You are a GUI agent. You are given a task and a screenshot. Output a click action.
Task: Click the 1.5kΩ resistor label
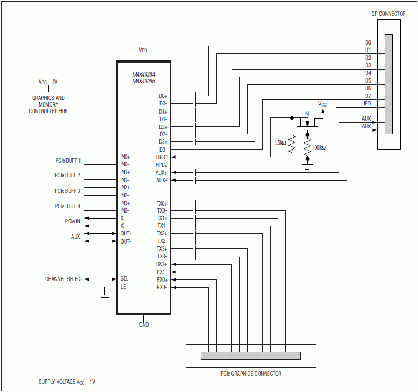pos(280,143)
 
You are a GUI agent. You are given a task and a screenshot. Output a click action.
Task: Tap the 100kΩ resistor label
pos(318,147)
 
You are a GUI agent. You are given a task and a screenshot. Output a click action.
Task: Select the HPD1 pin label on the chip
pos(161,157)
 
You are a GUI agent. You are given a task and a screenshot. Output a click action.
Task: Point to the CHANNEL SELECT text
pos(64,279)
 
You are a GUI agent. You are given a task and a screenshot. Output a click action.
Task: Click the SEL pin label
pos(125,279)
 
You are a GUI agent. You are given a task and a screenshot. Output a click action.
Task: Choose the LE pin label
pos(123,287)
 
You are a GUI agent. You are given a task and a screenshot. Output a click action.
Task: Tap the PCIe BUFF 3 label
pos(67,191)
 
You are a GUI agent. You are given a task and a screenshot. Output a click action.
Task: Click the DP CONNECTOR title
pos(389,14)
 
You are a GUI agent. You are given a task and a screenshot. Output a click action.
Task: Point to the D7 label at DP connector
pos(368,96)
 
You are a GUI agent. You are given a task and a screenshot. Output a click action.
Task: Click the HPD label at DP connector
pos(366,103)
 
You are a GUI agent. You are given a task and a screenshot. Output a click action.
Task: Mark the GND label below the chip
pos(144,325)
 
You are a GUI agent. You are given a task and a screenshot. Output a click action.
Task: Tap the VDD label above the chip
pos(143,50)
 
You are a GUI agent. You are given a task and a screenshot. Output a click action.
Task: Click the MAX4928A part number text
pos(144,74)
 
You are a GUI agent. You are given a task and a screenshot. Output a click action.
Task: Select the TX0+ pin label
pos(162,203)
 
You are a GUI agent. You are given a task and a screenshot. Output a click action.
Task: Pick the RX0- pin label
pos(162,287)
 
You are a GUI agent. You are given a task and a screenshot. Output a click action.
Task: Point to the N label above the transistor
pos(307,114)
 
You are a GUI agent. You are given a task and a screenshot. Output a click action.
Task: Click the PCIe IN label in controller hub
pos(69,221)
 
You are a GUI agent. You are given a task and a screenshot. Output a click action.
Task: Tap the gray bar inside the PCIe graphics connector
pos(250,356)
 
